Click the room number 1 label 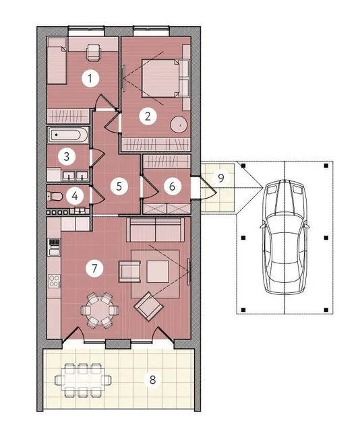[x=90, y=79]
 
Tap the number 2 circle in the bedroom [x=148, y=117]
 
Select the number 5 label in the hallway [x=119, y=186]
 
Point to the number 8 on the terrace [x=152, y=380]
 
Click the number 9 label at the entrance [x=220, y=178]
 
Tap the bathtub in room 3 [x=69, y=135]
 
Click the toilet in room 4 [x=55, y=196]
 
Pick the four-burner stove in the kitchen [x=54, y=281]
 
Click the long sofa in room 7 [x=156, y=230]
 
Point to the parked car [x=285, y=236]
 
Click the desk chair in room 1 [x=94, y=52]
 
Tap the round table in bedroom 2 [x=179, y=125]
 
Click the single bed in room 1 [x=57, y=61]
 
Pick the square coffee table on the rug [x=158, y=271]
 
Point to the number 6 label [x=173, y=186]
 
